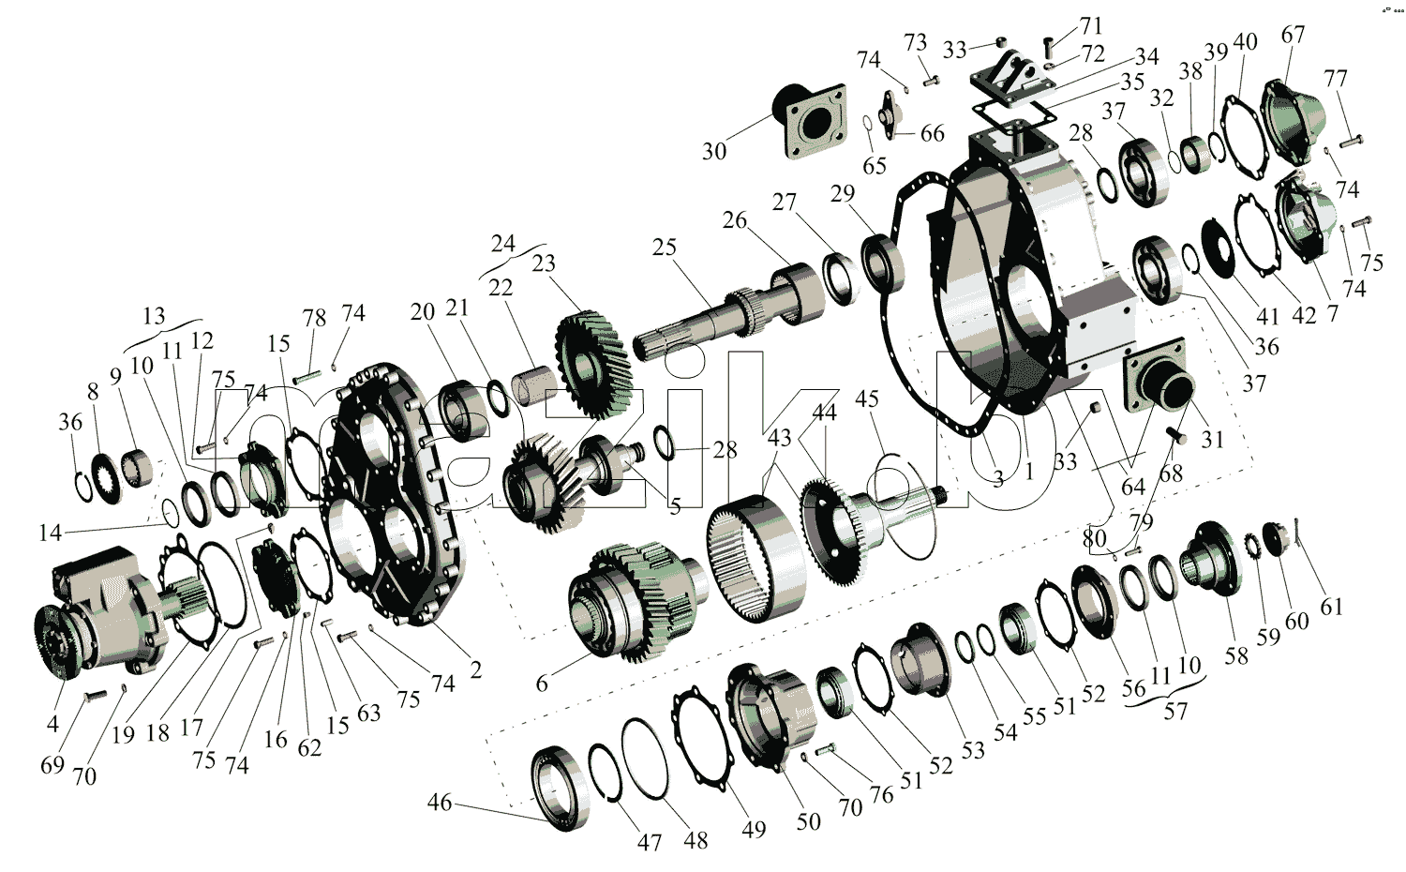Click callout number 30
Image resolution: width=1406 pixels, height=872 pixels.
tap(713, 151)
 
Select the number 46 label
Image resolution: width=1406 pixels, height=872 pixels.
tap(440, 803)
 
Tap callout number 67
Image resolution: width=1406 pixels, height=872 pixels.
tap(1293, 35)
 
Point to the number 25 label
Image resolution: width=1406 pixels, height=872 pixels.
tap(664, 248)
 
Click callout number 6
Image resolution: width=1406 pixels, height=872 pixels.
tap(542, 684)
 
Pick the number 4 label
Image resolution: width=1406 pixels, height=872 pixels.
tap(52, 723)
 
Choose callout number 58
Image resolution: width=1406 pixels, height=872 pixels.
tap(1236, 656)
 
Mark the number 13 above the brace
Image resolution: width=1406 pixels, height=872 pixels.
tap(155, 316)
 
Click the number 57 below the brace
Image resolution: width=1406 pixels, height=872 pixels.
tap(1175, 712)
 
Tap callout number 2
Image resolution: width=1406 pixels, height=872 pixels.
tap(476, 670)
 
